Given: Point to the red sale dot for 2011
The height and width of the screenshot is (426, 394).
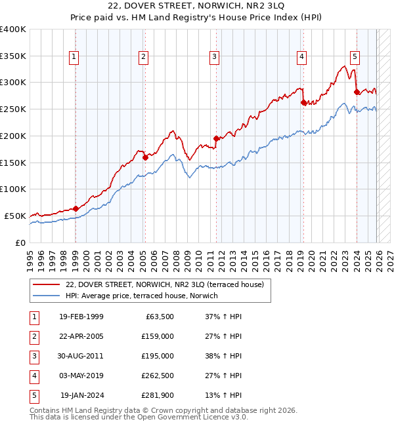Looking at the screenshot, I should pos(215,138).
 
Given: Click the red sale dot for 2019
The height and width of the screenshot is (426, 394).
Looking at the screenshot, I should pos(303,102).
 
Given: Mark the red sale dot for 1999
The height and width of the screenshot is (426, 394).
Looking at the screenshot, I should pos(76,208).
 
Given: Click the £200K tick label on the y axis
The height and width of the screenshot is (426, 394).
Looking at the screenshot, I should pos(13,136).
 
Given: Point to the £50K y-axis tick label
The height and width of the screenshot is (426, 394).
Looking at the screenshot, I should pos(16,216).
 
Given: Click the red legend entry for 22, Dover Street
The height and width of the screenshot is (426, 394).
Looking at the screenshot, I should pos(164,284).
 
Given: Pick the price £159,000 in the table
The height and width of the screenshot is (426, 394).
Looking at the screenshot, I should pos(157,337).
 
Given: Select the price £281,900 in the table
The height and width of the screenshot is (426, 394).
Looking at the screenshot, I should pos(157,395).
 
